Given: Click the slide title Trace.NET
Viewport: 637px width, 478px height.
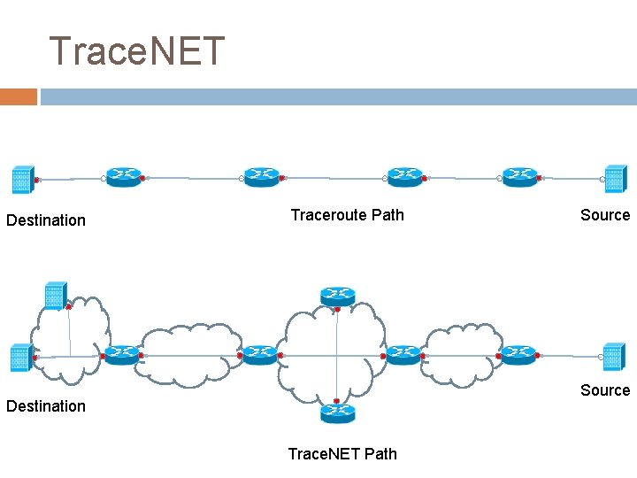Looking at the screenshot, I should click(x=137, y=51).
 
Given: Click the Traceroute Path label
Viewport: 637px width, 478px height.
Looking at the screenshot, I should click(x=347, y=215).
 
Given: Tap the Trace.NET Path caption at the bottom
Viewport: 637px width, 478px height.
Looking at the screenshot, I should click(x=342, y=454).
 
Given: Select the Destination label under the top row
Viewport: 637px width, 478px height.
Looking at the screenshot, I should click(x=46, y=220).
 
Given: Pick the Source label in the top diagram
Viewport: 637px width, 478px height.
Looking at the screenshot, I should click(x=605, y=215).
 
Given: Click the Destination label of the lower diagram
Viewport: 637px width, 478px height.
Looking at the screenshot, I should click(x=46, y=406).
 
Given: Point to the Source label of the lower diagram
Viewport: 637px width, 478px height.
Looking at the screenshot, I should click(x=605, y=390).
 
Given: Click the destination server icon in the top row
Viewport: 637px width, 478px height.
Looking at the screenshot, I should click(x=22, y=180).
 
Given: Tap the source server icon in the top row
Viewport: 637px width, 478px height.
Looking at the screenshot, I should click(x=615, y=179).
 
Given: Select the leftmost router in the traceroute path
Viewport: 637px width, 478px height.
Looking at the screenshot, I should click(x=123, y=177).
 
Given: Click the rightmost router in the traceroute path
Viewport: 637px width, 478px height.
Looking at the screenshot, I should click(x=519, y=177).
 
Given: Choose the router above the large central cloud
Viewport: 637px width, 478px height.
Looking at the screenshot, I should click(x=337, y=297).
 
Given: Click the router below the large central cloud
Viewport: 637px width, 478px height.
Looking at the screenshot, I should click(x=337, y=412).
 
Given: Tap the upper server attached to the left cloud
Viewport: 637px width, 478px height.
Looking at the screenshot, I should click(x=55, y=297).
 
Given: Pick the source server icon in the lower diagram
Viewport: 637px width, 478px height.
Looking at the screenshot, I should click(x=613, y=357).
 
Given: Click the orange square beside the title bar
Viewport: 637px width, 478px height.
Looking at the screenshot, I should click(x=18, y=96).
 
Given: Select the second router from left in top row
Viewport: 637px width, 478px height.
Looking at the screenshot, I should click(x=262, y=177).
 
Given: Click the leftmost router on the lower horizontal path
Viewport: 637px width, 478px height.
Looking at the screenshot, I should click(x=122, y=355).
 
